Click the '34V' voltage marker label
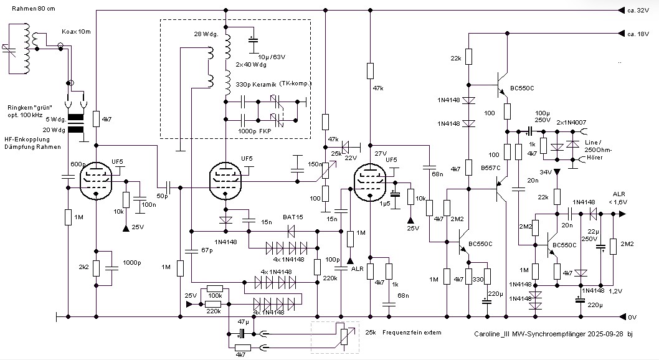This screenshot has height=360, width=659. [x=546, y=172]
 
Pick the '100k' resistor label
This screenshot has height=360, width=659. [x=216, y=295]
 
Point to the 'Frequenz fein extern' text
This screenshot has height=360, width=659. [x=412, y=333]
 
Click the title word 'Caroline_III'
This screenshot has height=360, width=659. [x=495, y=335]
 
